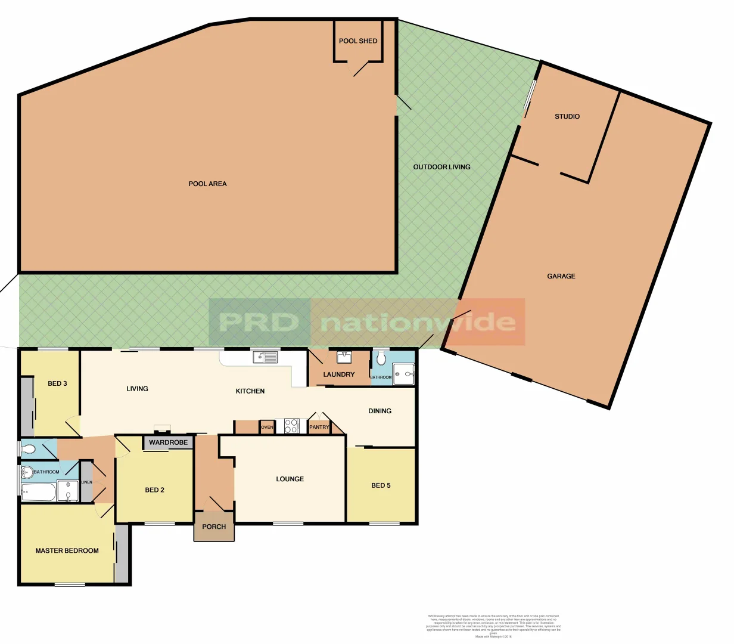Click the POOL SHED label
358,41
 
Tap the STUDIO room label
567,117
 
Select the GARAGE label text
561,277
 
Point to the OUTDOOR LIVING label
441,168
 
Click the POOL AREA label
207,184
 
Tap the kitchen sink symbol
265,358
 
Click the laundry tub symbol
344,358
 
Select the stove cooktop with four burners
291,426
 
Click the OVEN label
267,428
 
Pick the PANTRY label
319,428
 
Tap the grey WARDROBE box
168,443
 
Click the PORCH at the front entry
214,527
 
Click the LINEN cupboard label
86,482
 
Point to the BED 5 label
381,486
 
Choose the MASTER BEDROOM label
67,551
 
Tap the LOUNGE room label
290,479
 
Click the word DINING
380,411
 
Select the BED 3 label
57,384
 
